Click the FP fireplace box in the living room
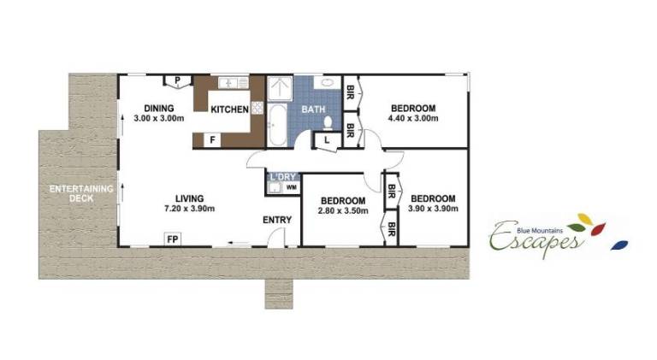click(172, 239)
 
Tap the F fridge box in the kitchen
click(212, 140)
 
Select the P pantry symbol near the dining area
click(177, 80)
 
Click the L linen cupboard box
click(327, 140)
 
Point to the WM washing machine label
click(292, 187)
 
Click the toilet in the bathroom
click(328, 122)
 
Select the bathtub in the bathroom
click(277, 124)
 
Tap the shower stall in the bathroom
click(280, 88)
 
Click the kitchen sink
click(234, 82)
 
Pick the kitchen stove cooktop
click(257, 108)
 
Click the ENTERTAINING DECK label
click(81, 193)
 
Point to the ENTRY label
click(277, 220)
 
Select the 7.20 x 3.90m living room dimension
click(189, 209)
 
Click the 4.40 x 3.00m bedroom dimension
click(413, 118)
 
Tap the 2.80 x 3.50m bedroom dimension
click(343, 210)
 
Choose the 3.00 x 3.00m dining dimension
click(159, 118)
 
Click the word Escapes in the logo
click(536, 240)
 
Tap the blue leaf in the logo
click(619, 245)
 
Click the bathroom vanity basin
click(328, 82)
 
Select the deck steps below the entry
click(279, 294)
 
